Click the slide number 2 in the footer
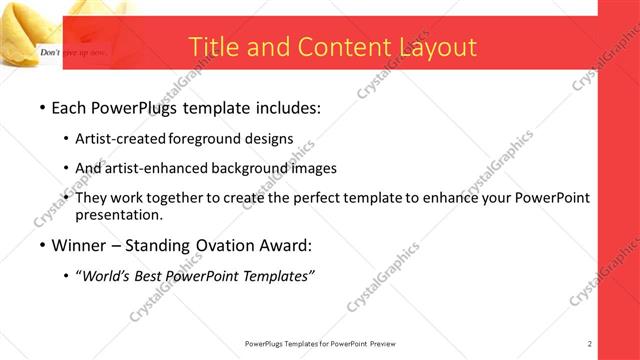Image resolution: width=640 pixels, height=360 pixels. [590, 343]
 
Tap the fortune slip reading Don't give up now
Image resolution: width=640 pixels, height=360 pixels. [70, 49]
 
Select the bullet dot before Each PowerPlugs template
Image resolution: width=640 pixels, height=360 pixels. [41, 106]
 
